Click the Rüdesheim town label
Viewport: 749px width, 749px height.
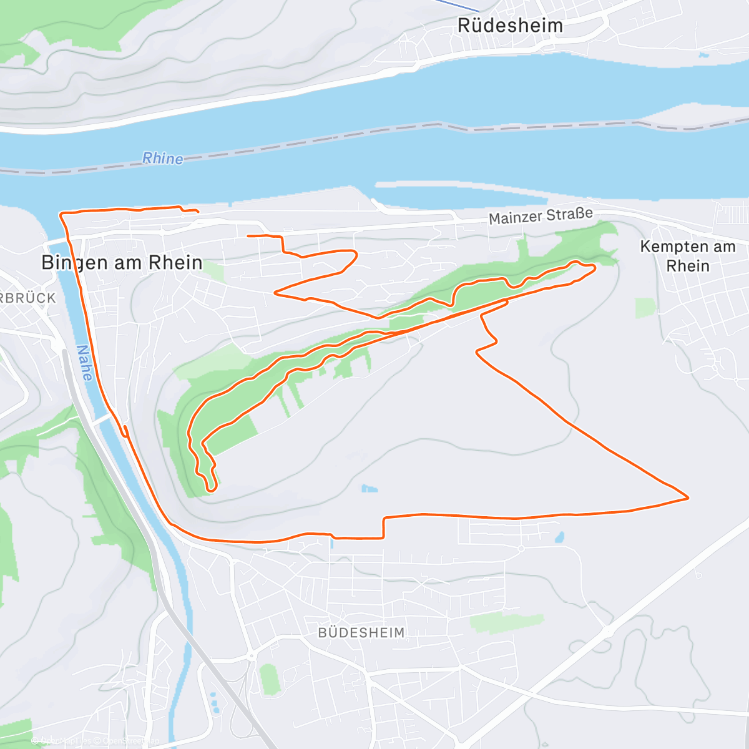pos(510,26)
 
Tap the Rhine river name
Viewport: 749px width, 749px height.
pos(163,159)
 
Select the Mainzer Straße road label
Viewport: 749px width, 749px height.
pos(541,216)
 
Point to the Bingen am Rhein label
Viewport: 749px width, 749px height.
pos(122,263)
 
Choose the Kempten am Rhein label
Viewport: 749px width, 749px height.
pos(687,256)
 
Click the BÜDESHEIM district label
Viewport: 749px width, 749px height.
pos(361,632)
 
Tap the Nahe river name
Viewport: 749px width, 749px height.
pos(84,363)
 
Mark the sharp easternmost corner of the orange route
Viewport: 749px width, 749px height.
pos(688,498)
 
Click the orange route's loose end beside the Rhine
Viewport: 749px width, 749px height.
pos(197,212)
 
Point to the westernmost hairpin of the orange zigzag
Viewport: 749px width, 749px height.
pos(275,292)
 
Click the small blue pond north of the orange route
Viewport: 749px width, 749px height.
pos(370,488)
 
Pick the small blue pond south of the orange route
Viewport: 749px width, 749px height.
pos(559,536)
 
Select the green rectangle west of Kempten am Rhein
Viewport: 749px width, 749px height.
pos(645,308)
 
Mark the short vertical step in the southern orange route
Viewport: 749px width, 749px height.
pos(383,527)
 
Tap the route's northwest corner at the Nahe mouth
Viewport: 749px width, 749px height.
pos(61,214)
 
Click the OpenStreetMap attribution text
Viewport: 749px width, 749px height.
pos(131,741)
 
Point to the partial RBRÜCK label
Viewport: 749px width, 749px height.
pos(28,298)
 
